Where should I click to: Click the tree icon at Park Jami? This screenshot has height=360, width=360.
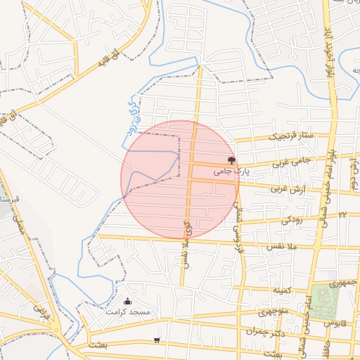[x=231, y=160]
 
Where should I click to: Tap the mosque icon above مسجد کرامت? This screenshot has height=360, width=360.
[x=127, y=302]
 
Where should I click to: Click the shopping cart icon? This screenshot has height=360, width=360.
[x=156, y=340]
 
